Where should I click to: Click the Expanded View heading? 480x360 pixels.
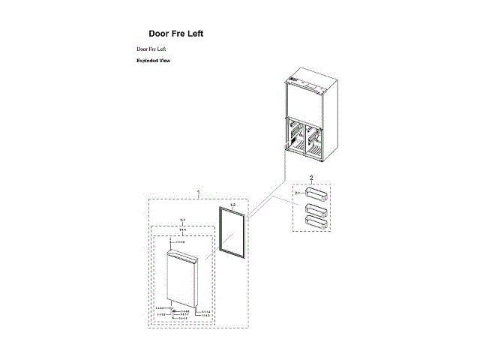tap(153, 61)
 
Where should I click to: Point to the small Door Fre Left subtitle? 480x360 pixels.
tap(151, 49)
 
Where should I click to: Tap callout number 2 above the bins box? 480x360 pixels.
tap(311, 178)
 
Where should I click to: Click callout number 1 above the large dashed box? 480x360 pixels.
tap(198, 193)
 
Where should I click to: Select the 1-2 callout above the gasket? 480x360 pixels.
tap(232, 205)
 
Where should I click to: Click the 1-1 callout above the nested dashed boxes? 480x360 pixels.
tap(182, 220)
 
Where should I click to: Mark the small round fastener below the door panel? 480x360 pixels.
tap(175, 310)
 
